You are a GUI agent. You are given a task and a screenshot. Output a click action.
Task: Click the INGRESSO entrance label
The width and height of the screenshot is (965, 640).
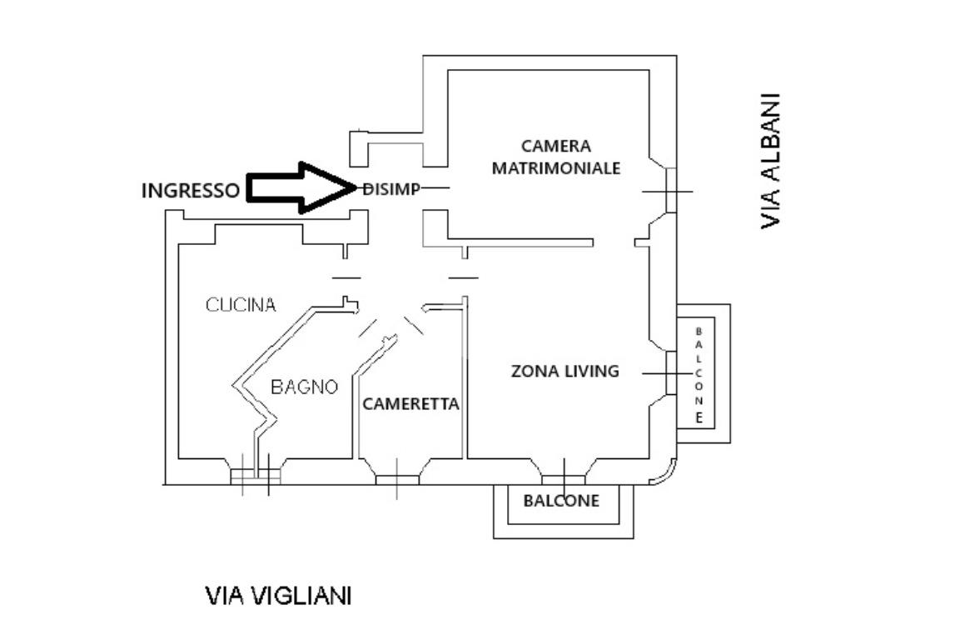190,190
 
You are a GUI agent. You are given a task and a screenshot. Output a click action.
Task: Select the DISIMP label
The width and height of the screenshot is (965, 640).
391,188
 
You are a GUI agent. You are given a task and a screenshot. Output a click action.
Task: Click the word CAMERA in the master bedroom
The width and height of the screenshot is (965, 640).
556,146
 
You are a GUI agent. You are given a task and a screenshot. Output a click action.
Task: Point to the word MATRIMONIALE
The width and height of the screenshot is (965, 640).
556,167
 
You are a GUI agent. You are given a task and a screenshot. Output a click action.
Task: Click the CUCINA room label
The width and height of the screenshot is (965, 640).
241,305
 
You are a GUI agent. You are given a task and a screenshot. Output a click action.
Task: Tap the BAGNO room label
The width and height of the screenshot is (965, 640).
305,387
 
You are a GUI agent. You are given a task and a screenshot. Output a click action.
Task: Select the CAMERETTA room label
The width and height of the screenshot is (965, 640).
410,404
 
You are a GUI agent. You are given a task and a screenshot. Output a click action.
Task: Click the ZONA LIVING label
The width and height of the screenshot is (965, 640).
565,371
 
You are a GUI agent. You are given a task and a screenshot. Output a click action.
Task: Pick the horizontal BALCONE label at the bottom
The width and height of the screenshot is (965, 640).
560,501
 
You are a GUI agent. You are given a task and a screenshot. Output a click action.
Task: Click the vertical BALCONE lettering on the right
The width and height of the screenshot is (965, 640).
699,374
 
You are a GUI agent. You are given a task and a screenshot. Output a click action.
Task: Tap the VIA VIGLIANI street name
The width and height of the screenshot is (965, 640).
278,596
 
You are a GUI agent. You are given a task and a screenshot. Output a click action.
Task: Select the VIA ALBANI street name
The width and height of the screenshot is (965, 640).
771,160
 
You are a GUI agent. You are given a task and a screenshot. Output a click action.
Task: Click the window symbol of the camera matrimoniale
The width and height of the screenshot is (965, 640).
668,191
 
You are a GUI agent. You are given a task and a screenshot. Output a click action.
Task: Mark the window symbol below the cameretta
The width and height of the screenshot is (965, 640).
396,479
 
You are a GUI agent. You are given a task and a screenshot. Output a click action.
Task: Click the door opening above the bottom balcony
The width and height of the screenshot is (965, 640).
564,477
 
